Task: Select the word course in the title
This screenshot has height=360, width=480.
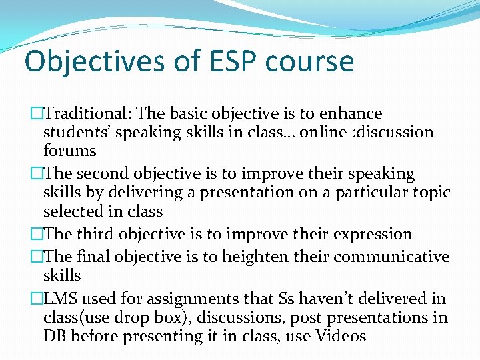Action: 309,61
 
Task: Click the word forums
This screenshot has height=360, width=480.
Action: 69,151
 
